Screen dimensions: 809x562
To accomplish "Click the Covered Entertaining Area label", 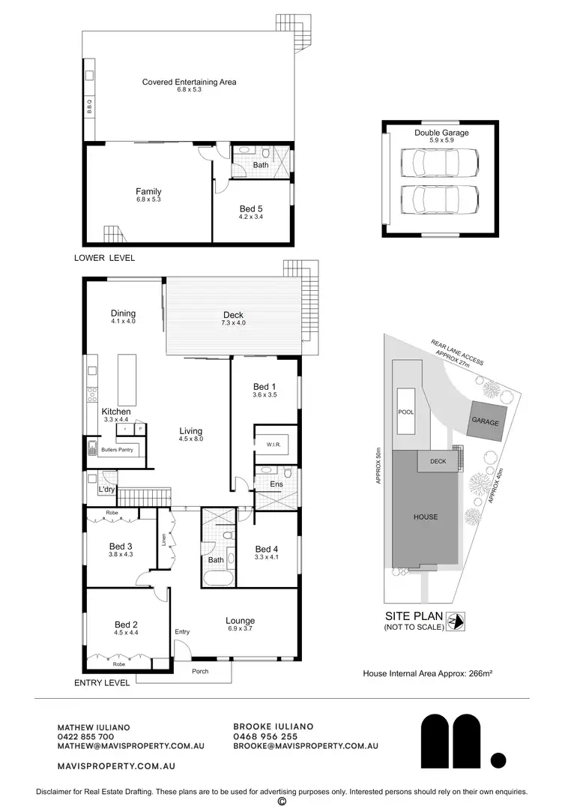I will (x=189, y=82).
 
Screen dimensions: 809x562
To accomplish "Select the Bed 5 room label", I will (x=251, y=208).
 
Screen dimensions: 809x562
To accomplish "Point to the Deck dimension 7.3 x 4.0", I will (x=232, y=323).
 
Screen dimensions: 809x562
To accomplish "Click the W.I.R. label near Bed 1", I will (x=273, y=445).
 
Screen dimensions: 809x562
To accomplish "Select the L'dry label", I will (x=106, y=490).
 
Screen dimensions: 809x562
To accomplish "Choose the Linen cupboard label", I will (x=163, y=539).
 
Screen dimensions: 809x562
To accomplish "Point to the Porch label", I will (x=200, y=671).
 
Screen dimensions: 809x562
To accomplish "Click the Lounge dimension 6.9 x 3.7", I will (x=240, y=628).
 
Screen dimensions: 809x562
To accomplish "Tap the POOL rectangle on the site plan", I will (x=407, y=412).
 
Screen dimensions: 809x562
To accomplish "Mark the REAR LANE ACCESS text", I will (x=456, y=353).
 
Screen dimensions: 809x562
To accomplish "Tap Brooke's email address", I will (x=305, y=746).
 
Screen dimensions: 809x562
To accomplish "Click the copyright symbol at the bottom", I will (x=282, y=802).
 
